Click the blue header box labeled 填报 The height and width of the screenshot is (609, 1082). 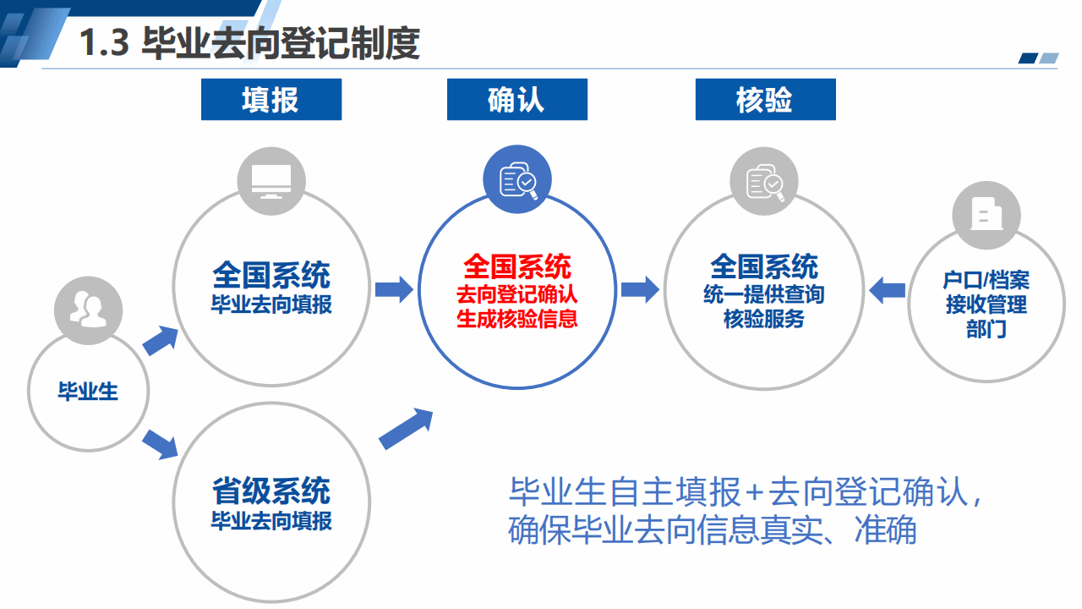coord(271,99)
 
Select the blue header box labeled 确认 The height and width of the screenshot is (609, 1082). coord(516,99)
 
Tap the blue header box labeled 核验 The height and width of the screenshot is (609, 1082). coord(765,99)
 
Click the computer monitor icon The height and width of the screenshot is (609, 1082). coord(271,181)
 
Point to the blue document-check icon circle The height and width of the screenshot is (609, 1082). coord(517,179)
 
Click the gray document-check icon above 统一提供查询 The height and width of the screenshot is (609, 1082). coord(764,182)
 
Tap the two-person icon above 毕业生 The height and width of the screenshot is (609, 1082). coord(88,310)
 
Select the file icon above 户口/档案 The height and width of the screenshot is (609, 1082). coord(986,214)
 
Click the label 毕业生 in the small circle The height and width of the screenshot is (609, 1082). coord(88,391)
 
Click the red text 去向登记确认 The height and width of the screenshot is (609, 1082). coord(516,294)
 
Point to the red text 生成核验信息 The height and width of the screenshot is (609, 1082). coord(516,319)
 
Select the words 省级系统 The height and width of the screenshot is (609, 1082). coord(271,491)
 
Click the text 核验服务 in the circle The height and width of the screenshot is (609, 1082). coord(763,319)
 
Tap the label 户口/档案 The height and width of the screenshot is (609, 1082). coord(986,280)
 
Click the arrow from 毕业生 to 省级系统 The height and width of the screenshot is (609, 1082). coord(161,444)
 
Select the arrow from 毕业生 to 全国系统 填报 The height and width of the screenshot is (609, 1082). coord(161,340)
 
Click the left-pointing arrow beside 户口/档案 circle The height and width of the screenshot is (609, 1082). coord(887,290)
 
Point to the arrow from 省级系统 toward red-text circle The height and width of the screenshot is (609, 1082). coord(406,429)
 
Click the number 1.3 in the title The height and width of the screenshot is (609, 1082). coord(104,42)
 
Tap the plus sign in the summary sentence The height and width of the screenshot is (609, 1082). coord(754,492)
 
